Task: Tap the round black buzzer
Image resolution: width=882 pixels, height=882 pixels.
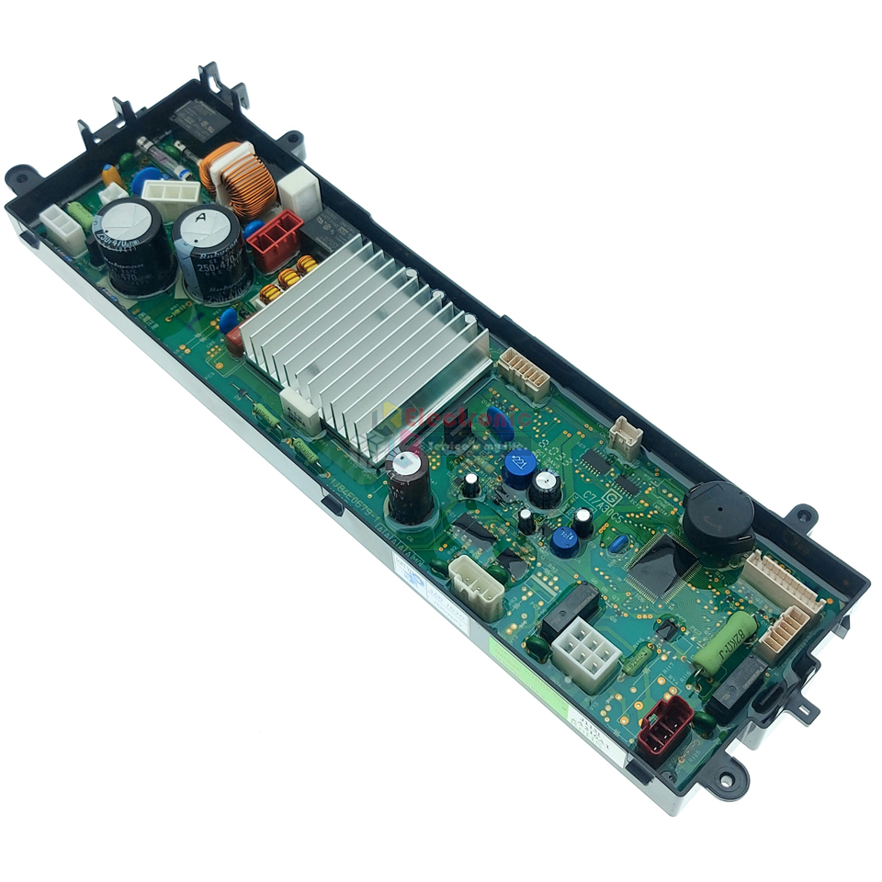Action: tap(718, 516)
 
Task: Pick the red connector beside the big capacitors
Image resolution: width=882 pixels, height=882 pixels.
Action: tap(274, 238)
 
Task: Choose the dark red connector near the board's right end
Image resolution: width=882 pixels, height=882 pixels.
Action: tap(665, 722)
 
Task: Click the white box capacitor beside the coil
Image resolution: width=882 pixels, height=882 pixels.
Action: tap(300, 190)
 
